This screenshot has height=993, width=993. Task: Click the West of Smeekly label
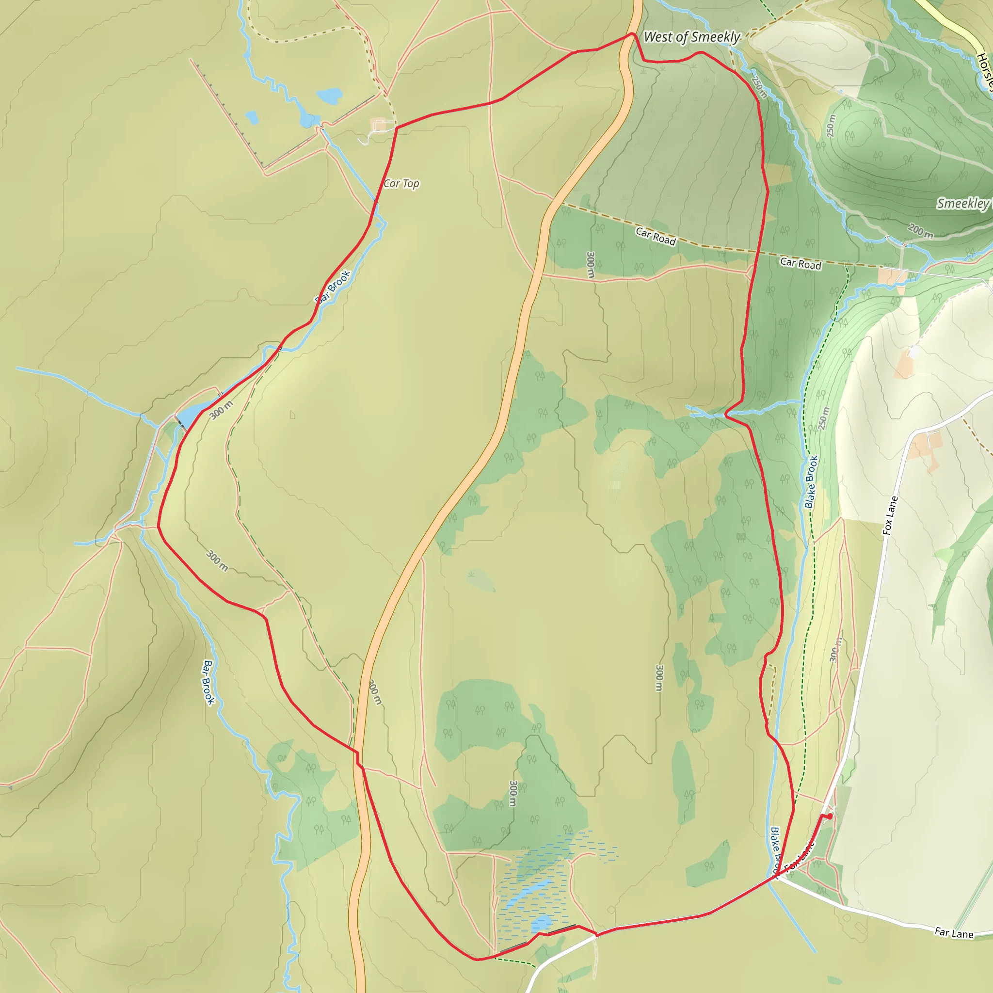[x=691, y=37]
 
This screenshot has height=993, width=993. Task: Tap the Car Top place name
[x=401, y=183]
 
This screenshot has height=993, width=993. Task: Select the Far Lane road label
[x=954, y=933]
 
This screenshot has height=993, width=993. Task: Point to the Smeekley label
[x=962, y=204]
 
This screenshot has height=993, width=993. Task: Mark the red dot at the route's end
[x=830, y=816]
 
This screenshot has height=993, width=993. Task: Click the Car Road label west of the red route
[x=656, y=236]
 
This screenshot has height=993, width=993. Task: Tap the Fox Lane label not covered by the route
[x=890, y=515]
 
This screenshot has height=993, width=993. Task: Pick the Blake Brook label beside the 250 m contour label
[x=811, y=482]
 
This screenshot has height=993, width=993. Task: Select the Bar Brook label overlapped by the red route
[x=333, y=286]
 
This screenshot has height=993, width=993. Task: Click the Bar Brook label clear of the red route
[x=208, y=682]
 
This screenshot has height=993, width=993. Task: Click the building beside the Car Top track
[x=379, y=126]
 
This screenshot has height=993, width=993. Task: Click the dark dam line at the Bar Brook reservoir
[x=180, y=423]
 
